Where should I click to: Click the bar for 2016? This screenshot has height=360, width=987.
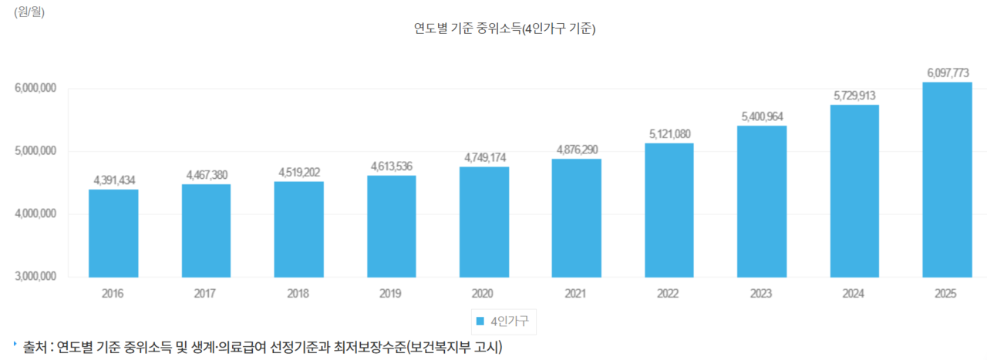[113, 233]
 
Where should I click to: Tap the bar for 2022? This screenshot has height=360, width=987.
[669, 210]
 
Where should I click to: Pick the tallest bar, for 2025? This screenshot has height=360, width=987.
[947, 179]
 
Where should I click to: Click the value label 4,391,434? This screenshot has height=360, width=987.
[114, 180]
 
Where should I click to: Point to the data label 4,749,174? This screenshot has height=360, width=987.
[484, 158]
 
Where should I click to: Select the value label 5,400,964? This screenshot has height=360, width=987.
[762, 117]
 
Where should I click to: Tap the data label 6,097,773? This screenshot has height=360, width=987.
[948, 73]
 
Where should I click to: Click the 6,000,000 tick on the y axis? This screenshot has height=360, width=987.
[35, 89]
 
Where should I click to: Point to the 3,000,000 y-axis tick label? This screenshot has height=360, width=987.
[35, 277]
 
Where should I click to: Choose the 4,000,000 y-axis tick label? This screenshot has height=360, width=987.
[35, 214]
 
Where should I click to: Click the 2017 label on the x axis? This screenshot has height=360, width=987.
[205, 294]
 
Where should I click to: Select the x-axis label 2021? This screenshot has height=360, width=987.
[575, 294]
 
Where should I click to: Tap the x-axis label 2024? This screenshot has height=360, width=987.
[854, 294]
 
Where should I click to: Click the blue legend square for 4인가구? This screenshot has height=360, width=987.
[480, 321]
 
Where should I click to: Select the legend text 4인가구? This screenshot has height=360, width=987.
[509, 321]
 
